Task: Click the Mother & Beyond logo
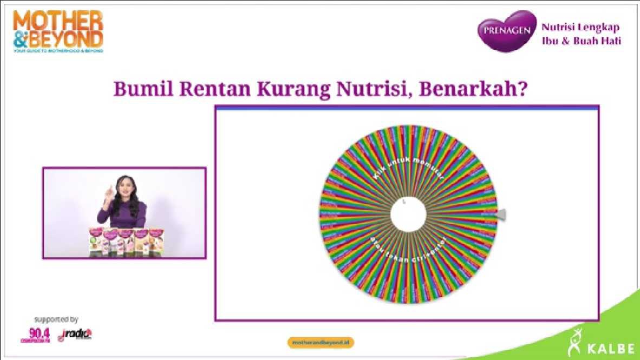pyautogui.click(x=58, y=31)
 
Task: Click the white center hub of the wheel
pyautogui.click(x=408, y=215)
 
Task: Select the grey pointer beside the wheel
pyautogui.click(x=501, y=215)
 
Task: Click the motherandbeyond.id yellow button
pyautogui.click(x=321, y=343)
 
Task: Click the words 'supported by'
pyautogui.click(x=56, y=319)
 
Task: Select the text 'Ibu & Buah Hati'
pyautogui.click(x=582, y=41)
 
